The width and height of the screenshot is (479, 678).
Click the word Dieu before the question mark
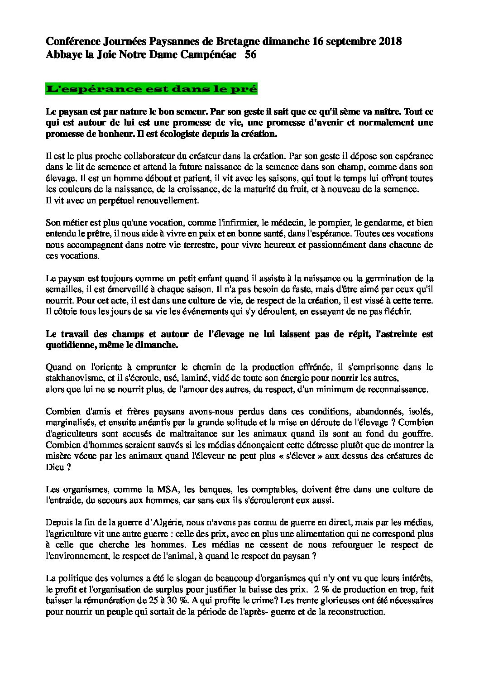pos(53,466)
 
